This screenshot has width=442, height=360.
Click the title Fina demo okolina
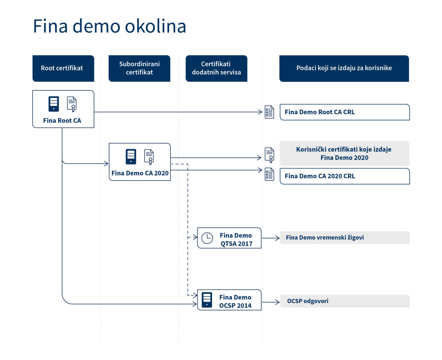pyautogui.click(x=109, y=26)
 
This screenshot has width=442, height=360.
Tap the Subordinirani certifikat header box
pyautogui.click(x=139, y=68)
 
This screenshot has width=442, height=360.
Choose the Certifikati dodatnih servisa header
pyautogui.click(x=216, y=68)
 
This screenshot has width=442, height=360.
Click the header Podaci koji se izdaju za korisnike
pyautogui.click(x=344, y=68)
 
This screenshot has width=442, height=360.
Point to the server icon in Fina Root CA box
pyautogui.click(x=54, y=104)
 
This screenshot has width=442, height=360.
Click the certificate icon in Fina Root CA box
pyautogui.click(x=72, y=104)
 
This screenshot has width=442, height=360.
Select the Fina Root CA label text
pyautogui.click(x=62, y=121)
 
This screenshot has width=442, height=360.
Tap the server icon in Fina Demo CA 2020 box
pyautogui.click(x=131, y=157)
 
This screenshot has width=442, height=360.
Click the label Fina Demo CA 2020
pyautogui.click(x=140, y=173)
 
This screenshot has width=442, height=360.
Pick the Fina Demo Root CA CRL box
pyautogui.click(x=344, y=112)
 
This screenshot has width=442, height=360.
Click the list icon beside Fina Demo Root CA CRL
pyautogui.click(x=269, y=112)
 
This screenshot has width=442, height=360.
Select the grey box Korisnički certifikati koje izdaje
pyautogui.click(x=344, y=154)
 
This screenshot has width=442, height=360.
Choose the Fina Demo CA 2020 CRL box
pyautogui.click(x=344, y=176)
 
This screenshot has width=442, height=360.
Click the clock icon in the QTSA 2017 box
pyautogui.click(x=207, y=238)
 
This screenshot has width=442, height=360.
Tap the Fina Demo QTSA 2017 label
pyautogui.click(x=236, y=239)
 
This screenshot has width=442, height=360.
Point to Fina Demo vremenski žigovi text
pyautogui.click(x=325, y=238)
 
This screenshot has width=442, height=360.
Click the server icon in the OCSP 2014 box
pyautogui.click(x=207, y=300)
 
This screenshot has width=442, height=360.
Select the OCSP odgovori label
pyautogui.click(x=308, y=301)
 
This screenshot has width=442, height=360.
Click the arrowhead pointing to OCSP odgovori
pyautogui.click(x=277, y=302)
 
